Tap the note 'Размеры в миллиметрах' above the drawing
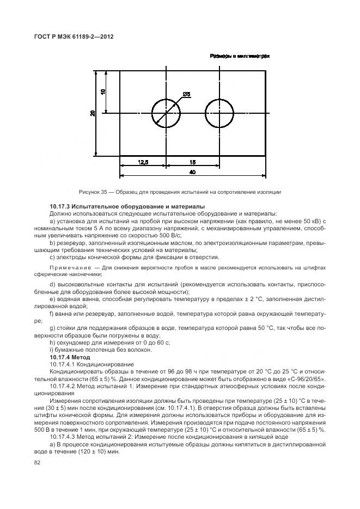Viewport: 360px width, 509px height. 240,56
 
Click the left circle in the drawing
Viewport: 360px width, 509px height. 166,113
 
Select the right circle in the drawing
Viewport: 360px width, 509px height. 219,113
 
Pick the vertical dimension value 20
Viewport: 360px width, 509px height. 93,113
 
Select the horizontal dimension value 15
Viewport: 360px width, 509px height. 193,162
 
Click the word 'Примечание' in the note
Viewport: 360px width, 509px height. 68,268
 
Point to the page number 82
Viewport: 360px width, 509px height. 37,462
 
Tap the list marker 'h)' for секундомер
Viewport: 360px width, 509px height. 52,343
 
